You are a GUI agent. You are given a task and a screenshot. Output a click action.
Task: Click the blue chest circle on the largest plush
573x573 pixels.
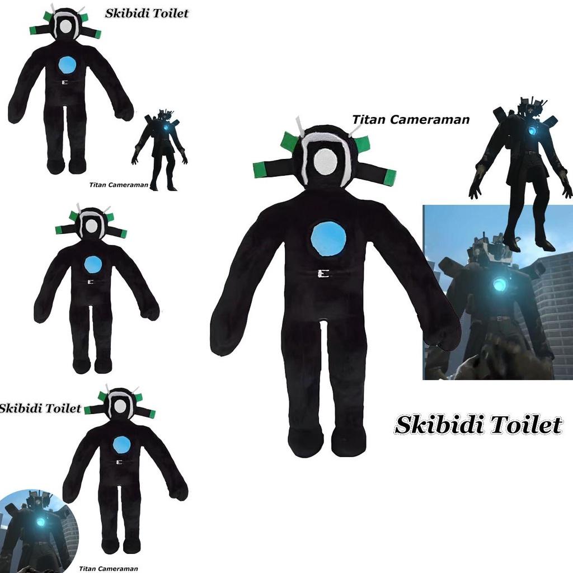328,238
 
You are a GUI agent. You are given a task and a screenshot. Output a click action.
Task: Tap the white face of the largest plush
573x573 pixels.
326,162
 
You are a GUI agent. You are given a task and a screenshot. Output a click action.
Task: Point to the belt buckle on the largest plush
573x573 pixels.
323,274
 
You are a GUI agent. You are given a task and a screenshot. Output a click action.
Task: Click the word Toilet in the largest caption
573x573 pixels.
525,425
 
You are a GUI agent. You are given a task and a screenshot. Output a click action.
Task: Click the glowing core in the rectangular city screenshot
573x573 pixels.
499,285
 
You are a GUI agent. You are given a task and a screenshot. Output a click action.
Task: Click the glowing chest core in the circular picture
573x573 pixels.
41,522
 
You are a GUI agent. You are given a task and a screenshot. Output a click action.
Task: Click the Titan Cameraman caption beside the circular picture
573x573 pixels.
109,569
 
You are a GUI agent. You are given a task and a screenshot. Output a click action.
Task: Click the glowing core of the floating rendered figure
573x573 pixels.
532,131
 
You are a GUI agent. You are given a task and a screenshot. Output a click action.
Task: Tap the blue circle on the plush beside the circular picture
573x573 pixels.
121,445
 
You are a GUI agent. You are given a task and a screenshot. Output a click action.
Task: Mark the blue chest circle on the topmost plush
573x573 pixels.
67,65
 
